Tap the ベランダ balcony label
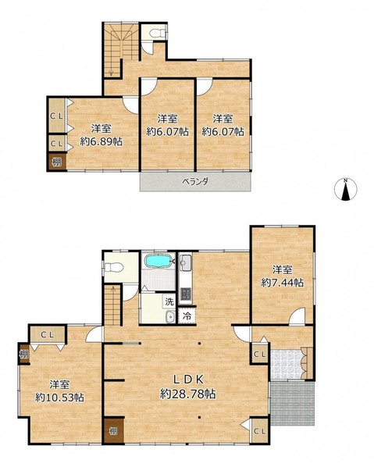tap(195, 181)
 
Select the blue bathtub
tap(159, 261)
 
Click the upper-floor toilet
tap(158, 33)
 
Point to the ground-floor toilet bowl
tap(112, 267)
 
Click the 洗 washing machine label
tap(169, 301)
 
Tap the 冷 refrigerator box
tap(187, 315)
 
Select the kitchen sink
tap(186, 263)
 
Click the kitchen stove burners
tap(186, 295)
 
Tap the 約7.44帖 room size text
tap(283, 283)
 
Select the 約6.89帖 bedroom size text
tap(101, 141)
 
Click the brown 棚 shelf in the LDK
tap(113, 431)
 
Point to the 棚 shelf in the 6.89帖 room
tap(57, 162)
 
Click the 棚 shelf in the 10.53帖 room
tap(24, 354)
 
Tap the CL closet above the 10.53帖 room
tap(48, 335)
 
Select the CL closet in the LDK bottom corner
tap(260, 430)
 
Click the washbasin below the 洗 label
tap(171, 316)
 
